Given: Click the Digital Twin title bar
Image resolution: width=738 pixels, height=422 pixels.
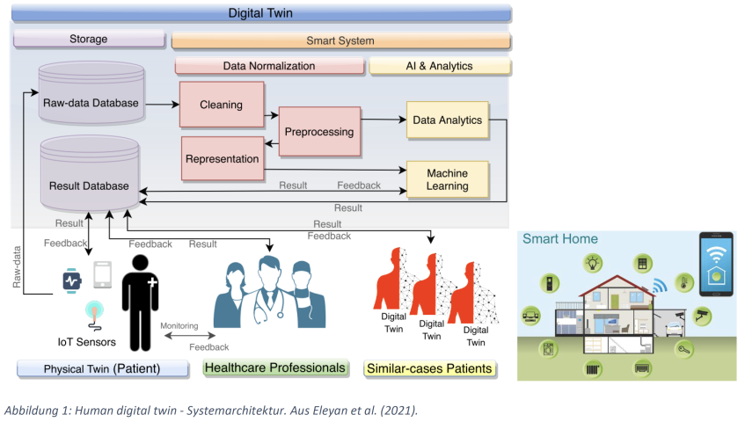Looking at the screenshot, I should [261, 14].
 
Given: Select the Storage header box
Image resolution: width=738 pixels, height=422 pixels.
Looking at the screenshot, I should [88, 39].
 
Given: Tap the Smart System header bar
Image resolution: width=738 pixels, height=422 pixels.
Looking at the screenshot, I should [340, 40].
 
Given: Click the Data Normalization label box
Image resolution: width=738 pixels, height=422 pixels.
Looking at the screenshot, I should [269, 66].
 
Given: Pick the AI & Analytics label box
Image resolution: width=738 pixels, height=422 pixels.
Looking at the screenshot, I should [440, 66].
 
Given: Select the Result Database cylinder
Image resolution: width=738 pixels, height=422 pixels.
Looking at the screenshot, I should [88, 181].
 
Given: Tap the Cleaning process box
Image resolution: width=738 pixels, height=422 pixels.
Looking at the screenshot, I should [222, 105].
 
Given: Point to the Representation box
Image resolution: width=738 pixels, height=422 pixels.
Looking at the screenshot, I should [222, 159].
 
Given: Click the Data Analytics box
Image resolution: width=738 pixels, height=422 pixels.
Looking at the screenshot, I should [447, 120].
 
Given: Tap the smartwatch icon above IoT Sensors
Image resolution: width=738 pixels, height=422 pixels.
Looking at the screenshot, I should [71, 280].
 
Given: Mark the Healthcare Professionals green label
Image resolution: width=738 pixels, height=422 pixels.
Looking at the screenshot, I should [275, 367].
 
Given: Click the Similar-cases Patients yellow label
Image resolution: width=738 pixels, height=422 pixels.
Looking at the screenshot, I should [429, 368].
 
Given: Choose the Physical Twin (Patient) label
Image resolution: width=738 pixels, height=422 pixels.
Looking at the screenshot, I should [102, 368].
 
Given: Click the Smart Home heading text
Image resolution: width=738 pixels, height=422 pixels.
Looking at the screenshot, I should [560, 238].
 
